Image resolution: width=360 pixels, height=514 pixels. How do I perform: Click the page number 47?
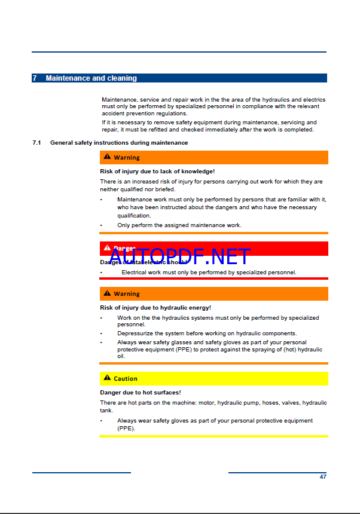pos(323,476)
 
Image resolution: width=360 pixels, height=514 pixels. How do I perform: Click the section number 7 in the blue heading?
pos(35,78)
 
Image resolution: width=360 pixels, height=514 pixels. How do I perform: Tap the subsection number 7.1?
pos(36,143)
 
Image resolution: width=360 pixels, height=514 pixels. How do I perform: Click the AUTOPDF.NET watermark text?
pos(179,256)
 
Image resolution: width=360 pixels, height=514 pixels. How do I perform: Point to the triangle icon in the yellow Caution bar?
pos(107,378)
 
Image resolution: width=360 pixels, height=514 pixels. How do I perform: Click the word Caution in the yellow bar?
pos(126,378)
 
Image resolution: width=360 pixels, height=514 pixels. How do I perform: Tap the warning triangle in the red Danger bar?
pos(107,247)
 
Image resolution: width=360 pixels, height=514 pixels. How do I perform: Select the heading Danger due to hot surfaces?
pos(140,392)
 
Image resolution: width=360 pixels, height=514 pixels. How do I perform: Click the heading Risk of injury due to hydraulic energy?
pos(147,307)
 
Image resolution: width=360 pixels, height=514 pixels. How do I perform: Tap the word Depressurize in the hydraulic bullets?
pos(135,334)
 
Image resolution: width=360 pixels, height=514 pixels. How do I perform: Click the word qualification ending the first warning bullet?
pos(134,216)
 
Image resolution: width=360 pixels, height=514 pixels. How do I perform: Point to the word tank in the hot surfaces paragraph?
pos(105,411)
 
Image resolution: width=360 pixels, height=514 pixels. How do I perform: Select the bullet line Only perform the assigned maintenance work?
pos(179,225)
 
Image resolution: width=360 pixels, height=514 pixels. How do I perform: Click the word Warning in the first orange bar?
pos(127,158)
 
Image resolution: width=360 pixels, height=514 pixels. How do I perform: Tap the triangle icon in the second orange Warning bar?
pos(107,293)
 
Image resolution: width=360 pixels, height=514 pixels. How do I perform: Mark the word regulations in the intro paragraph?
pos(170,113)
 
